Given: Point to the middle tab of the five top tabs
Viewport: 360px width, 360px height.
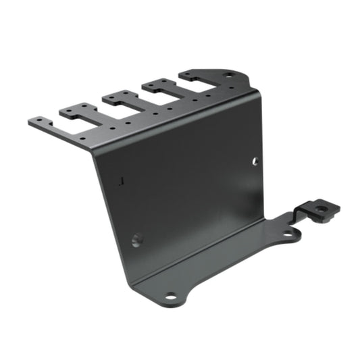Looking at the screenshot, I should (x=116, y=97).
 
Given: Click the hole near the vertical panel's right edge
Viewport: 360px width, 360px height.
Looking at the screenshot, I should (x=255, y=161).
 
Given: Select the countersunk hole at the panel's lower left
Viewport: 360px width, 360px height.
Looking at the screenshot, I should (x=137, y=240).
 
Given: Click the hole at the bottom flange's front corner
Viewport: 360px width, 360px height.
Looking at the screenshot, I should (x=171, y=296).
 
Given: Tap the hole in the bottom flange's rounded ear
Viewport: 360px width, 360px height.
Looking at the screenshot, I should (x=288, y=234).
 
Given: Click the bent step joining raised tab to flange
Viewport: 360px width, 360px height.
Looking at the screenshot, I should (x=302, y=215).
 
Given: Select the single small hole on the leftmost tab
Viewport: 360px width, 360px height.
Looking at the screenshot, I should (x=40, y=122).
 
